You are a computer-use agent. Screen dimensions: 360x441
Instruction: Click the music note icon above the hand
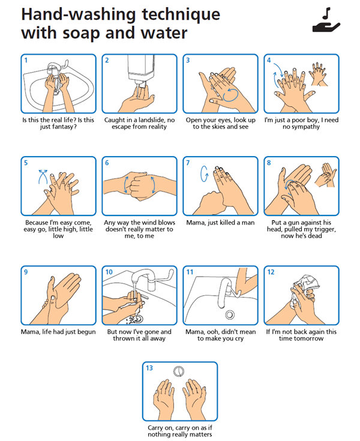326,14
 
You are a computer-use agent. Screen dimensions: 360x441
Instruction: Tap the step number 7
188,163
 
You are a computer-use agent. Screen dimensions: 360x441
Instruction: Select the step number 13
149,368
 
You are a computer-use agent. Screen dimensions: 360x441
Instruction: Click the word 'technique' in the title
181,14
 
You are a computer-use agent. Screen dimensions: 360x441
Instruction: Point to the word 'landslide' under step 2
152,120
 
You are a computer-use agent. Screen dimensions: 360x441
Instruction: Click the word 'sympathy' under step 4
306,127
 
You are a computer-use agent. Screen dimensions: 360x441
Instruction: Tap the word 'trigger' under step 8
323,229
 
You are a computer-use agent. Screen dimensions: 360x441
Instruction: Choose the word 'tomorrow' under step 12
310,338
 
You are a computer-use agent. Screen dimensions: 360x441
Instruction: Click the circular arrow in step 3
230,95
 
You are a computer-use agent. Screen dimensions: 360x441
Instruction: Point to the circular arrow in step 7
204,173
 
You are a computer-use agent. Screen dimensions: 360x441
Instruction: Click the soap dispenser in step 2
141,70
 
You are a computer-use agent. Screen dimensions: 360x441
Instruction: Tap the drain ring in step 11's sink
230,314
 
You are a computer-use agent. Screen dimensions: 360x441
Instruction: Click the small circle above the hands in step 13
179,371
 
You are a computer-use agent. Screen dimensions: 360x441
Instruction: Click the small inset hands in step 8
326,175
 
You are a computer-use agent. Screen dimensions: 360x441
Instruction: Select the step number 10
109,272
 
